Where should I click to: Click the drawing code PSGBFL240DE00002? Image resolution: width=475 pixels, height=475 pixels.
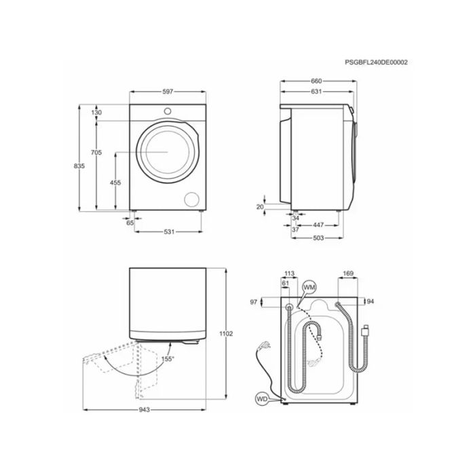376,62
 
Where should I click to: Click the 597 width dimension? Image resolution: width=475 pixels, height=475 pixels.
168,91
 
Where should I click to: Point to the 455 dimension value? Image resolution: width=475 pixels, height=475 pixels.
115,183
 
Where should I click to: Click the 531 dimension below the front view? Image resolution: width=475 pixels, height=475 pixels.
169,232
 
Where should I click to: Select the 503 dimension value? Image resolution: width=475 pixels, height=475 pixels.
317,237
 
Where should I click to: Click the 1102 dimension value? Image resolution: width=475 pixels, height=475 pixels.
227,333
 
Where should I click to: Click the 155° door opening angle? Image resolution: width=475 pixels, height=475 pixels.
168,358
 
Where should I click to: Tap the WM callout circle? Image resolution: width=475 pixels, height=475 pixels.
309,288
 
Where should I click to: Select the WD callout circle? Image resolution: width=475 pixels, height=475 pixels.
261,399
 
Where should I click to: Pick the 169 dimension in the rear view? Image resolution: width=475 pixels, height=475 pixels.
348,274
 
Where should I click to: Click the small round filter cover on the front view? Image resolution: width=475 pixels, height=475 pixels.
193,197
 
